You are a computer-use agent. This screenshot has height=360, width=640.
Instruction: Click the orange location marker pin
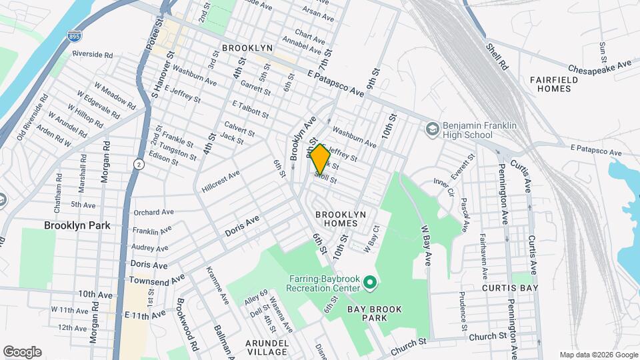[x=320, y=159]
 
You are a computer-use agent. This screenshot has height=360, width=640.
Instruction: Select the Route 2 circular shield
[x=138, y=164]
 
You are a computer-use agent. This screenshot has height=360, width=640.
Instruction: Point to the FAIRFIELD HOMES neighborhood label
[x=553, y=84]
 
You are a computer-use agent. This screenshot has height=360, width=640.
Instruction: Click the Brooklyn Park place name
[x=77, y=225]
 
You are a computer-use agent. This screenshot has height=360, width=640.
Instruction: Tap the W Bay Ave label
[x=426, y=245]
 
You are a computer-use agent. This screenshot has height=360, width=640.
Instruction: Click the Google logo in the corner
[x=22, y=351]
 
